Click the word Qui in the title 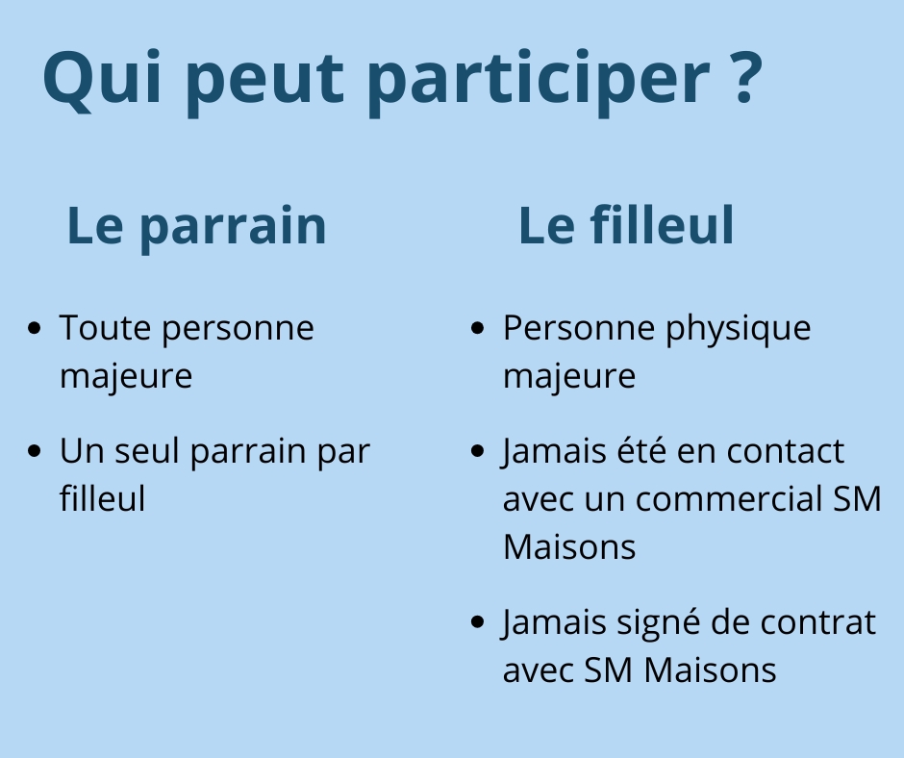click(102, 79)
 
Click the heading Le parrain click(196, 226)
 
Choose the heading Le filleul click(626, 224)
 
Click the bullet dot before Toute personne click(35, 328)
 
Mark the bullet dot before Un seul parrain click(35, 451)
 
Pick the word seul click(147, 450)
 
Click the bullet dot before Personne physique click(478, 328)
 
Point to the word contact click(786, 451)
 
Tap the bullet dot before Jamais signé click(478, 621)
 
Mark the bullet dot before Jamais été click(478, 451)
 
